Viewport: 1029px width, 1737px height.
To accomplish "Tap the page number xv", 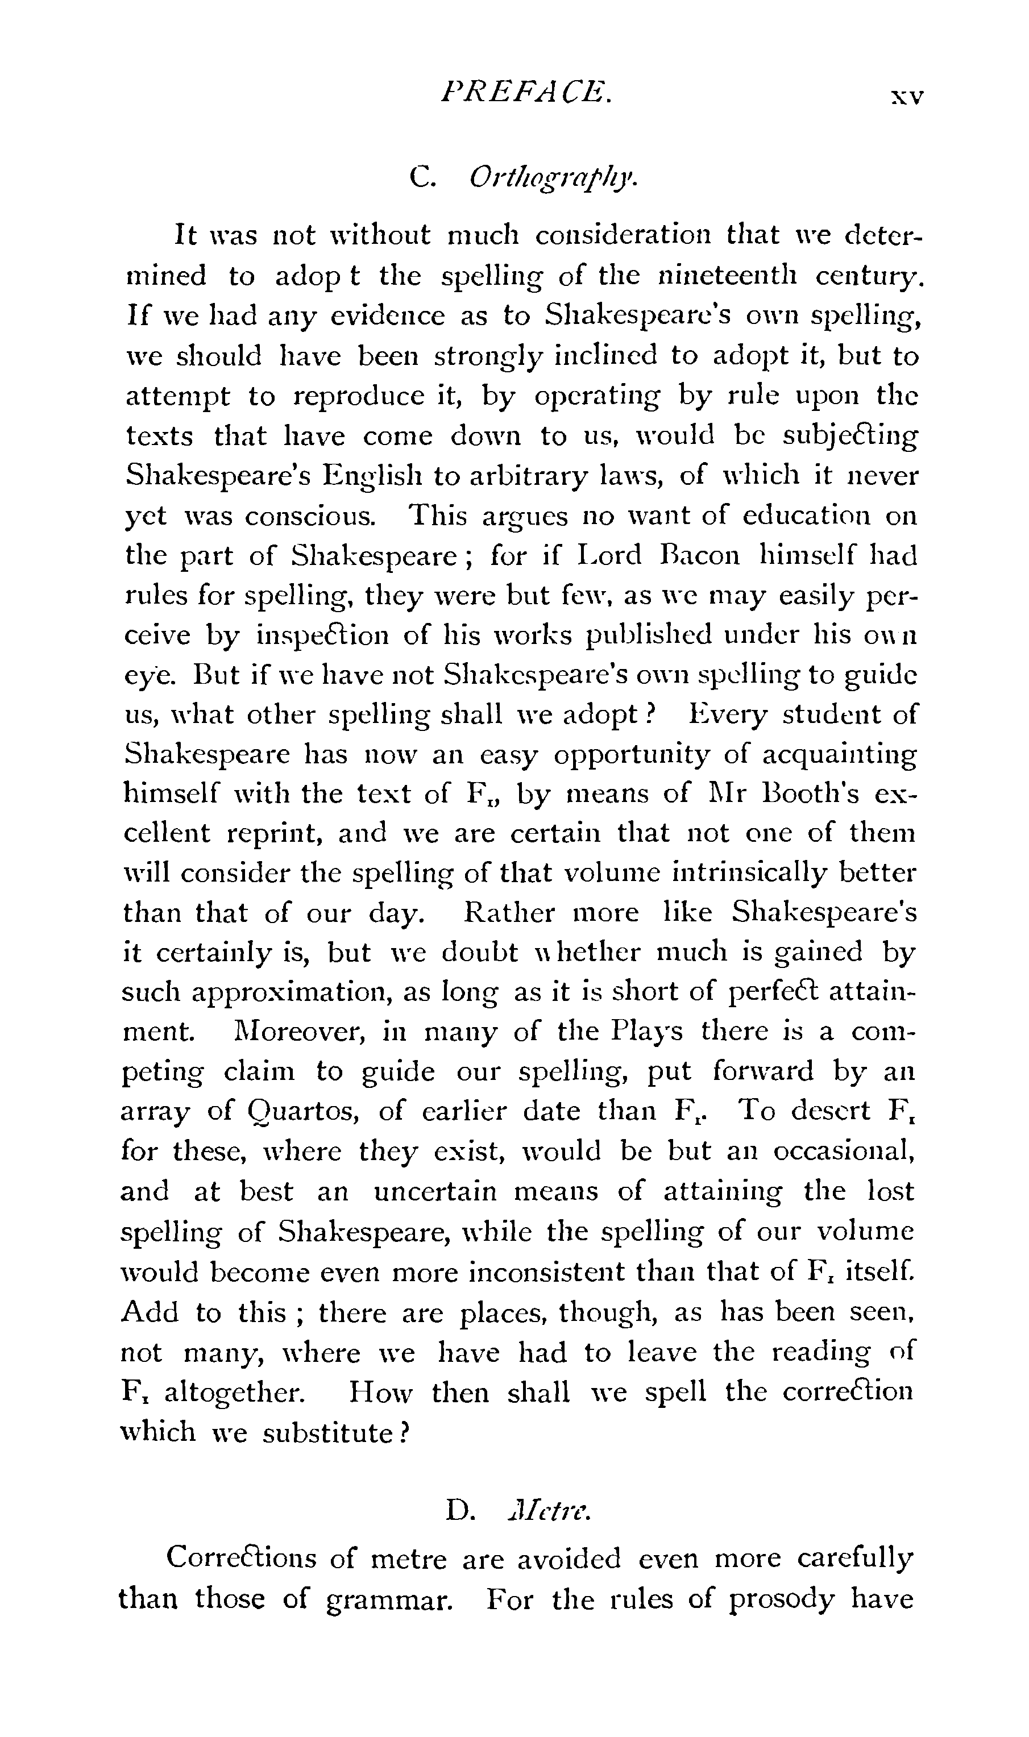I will tap(907, 95).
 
